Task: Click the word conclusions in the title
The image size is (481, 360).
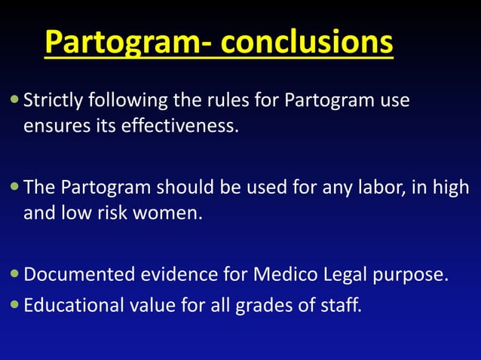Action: pos(307,43)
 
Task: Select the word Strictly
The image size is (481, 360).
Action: pos(55,100)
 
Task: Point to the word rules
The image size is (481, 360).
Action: pos(219,100)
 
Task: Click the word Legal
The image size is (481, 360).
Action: pos(340,274)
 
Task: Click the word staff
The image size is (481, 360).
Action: pos(338,306)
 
